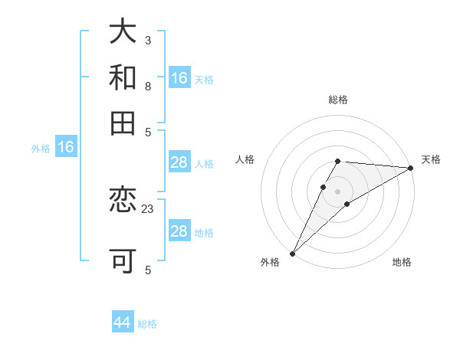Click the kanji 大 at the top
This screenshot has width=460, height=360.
click(x=123, y=33)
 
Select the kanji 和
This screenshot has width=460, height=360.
click(x=123, y=77)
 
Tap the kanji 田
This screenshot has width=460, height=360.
click(x=123, y=122)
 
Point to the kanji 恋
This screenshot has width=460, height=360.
click(x=123, y=201)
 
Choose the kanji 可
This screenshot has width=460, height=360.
click(x=123, y=260)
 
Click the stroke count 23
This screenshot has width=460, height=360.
click(x=148, y=208)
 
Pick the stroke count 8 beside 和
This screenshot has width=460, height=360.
click(x=148, y=86)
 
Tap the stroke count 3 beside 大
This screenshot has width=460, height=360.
click(x=148, y=39)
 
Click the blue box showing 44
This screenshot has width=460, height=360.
click(x=123, y=322)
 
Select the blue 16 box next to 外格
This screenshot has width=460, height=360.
click(x=65, y=148)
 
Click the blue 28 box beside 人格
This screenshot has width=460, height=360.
click(x=179, y=162)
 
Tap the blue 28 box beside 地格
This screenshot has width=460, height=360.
click(x=179, y=231)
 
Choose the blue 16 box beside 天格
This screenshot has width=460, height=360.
click(x=179, y=78)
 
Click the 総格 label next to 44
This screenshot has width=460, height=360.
click(x=147, y=324)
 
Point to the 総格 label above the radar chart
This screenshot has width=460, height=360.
click(x=337, y=100)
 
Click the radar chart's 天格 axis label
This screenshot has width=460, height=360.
click(x=431, y=159)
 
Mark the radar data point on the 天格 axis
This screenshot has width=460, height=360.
click(x=410, y=167)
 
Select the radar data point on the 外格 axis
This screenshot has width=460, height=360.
click(x=292, y=253)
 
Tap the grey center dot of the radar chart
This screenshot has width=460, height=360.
click(x=337, y=191)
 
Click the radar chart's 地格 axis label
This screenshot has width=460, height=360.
click(x=402, y=263)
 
